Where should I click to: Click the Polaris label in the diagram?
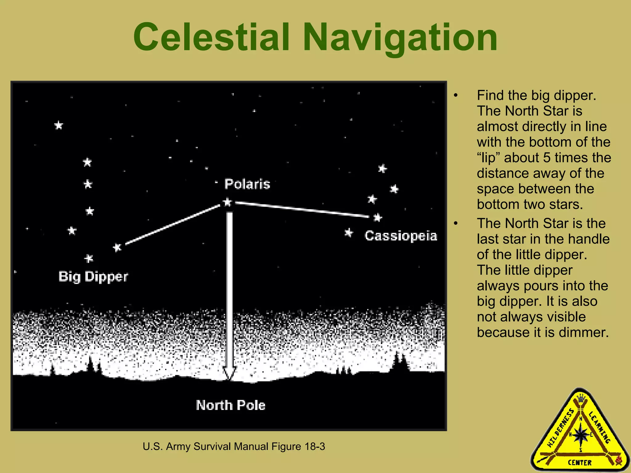click(x=247, y=184)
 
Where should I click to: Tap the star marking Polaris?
click(x=227, y=202)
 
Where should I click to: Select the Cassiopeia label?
click(x=401, y=236)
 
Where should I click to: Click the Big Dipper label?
click(x=93, y=277)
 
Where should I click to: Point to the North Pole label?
click(x=230, y=405)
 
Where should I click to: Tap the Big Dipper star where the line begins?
click(x=117, y=247)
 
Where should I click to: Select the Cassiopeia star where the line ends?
click(x=378, y=218)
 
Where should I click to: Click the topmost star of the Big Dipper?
click(x=59, y=125)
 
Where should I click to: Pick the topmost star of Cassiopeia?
click(x=382, y=168)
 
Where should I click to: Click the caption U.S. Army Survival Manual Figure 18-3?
click(x=234, y=447)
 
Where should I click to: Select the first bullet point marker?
click(x=456, y=96)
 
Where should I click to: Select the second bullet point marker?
click(x=456, y=224)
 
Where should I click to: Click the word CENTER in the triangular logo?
click(x=580, y=463)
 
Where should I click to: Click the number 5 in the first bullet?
click(x=547, y=158)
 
